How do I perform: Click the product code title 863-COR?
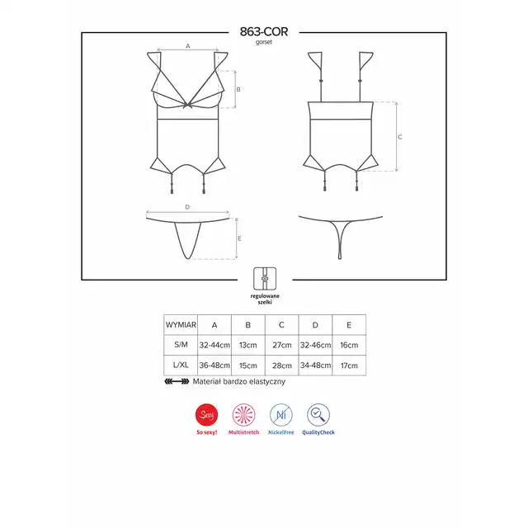pyautogui.click(x=264, y=31)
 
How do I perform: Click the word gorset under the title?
pyautogui.click(x=264, y=42)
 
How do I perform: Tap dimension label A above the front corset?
pyautogui.click(x=188, y=46)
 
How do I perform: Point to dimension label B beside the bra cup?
pyautogui.click(x=238, y=90)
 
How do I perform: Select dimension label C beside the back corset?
pyautogui.click(x=399, y=137)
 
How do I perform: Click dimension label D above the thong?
pyautogui.click(x=187, y=207)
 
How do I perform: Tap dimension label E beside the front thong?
pyautogui.click(x=239, y=238)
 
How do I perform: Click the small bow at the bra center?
pyautogui.click(x=187, y=105)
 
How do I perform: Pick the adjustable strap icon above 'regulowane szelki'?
pyautogui.click(x=265, y=279)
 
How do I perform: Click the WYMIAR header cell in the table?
pyautogui.click(x=181, y=325)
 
